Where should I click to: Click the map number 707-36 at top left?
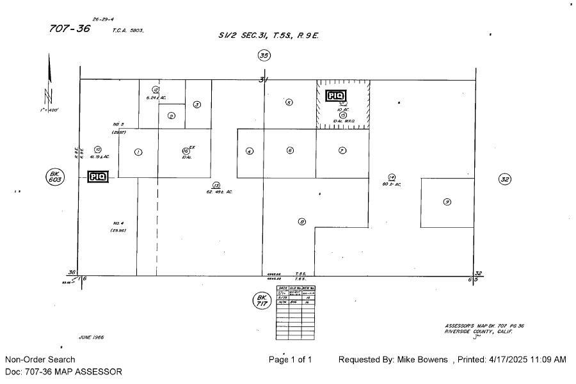coord(70,29)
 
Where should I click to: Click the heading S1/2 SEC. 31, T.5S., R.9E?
coord(268,35)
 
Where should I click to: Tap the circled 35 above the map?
coord(264,56)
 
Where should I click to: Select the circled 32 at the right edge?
coord(504,179)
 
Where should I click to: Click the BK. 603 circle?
coord(55,177)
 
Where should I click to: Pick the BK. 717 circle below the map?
coord(261,300)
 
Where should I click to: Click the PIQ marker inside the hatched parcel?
coord(335,96)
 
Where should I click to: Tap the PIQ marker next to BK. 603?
coord(98,177)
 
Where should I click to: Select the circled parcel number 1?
coord(138,152)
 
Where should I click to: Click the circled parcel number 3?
coord(197,104)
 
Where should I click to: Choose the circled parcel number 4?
coord(250,152)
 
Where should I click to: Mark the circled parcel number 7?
coord(342,150)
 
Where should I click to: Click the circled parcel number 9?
coord(447,202)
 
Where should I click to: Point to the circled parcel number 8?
coord(301,222)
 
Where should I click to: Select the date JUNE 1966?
coord(91,337)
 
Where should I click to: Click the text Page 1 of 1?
coord(291,360)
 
